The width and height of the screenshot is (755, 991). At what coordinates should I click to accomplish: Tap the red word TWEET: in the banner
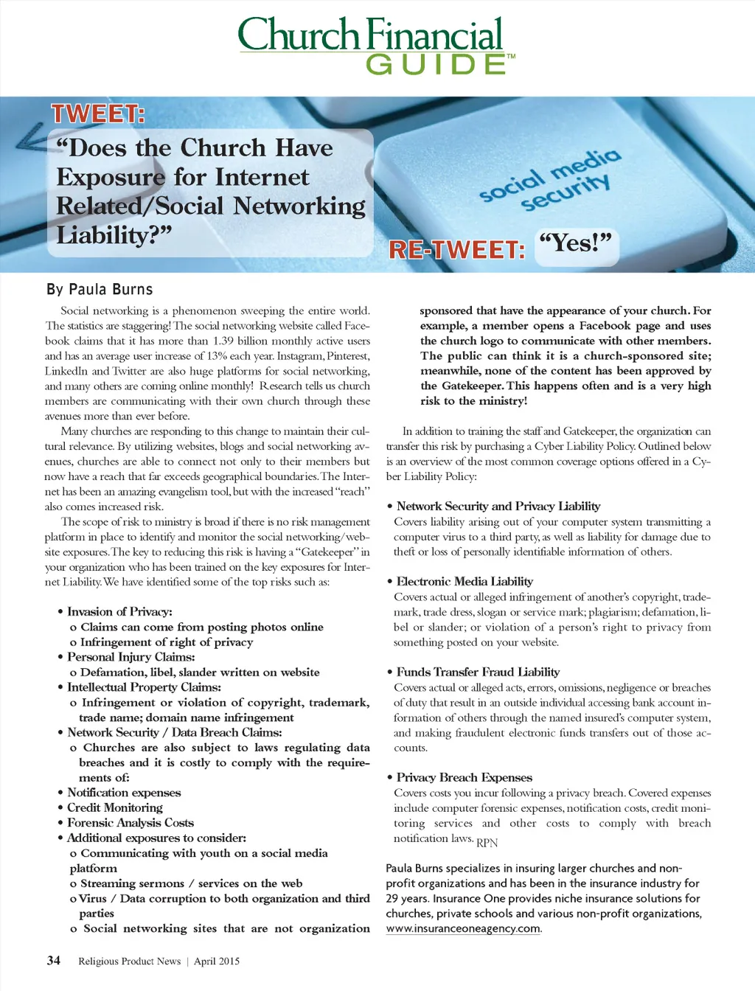tap(97, 114)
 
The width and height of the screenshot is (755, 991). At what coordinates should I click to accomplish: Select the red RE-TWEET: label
tap(456, 250)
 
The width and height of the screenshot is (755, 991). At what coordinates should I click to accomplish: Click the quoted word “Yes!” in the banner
tap(575, 243)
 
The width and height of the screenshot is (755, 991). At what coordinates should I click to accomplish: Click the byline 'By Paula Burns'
tap(100, 289)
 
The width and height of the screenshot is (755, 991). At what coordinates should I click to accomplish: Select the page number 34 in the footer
tap(54, 960)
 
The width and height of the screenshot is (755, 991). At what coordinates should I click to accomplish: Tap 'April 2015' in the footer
tap(217, 961)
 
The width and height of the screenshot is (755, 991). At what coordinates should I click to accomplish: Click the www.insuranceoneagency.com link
tap(463, 928)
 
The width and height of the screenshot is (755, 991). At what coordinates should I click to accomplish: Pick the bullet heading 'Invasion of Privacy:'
tap(119, 611)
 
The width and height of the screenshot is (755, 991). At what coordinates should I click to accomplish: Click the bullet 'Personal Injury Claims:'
tap(131, 656)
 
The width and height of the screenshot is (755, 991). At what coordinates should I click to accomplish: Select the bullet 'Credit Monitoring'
tap(115, 807)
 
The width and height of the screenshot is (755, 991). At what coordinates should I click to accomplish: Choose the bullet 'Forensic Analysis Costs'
tap(131, 822)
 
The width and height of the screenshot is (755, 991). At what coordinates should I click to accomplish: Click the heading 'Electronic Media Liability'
tap(465, 581)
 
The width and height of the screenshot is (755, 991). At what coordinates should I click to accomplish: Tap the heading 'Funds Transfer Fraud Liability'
tap(478, 672)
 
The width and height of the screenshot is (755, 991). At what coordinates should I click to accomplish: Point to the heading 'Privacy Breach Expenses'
tap(465, 777)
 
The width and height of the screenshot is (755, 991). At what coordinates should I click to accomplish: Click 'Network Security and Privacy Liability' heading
tap(498, 506)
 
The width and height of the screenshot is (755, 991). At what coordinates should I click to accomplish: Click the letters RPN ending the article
tap(487, 843)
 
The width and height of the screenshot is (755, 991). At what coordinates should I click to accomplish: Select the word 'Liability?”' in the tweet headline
tap(114, 235)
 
